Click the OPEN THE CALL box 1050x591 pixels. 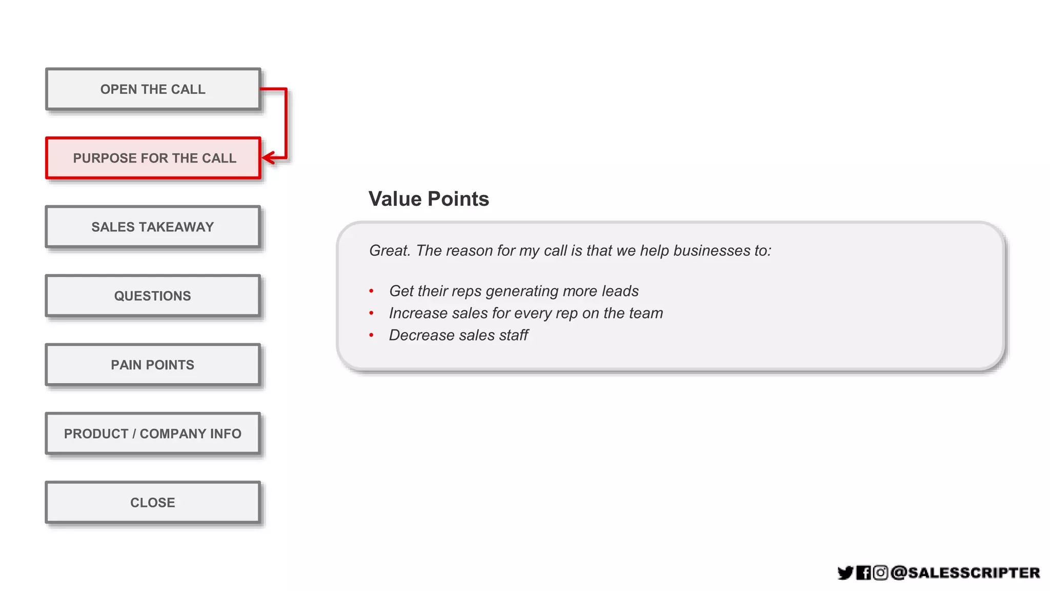point(153,89)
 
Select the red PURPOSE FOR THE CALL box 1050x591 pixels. point(153,158)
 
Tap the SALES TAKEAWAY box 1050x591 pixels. point(153,227)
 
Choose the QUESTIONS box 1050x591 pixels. point(153,296)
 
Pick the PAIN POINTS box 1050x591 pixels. point(153,365)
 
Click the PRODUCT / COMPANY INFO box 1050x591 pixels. point(153,434)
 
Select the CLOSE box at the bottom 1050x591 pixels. point(153,502)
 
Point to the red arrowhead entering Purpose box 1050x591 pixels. point(268,157)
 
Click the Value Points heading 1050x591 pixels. point(429,199)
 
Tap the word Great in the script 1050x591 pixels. point(390,250)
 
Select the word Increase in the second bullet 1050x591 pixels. point(418,313)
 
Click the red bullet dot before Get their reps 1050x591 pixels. point(371,291)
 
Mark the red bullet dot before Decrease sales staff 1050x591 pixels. point(371,336)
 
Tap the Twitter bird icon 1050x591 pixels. point(845,573)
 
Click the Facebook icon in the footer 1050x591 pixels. point(863,573)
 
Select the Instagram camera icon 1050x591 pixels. point(880,573)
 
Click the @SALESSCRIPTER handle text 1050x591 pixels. point(965,573)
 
